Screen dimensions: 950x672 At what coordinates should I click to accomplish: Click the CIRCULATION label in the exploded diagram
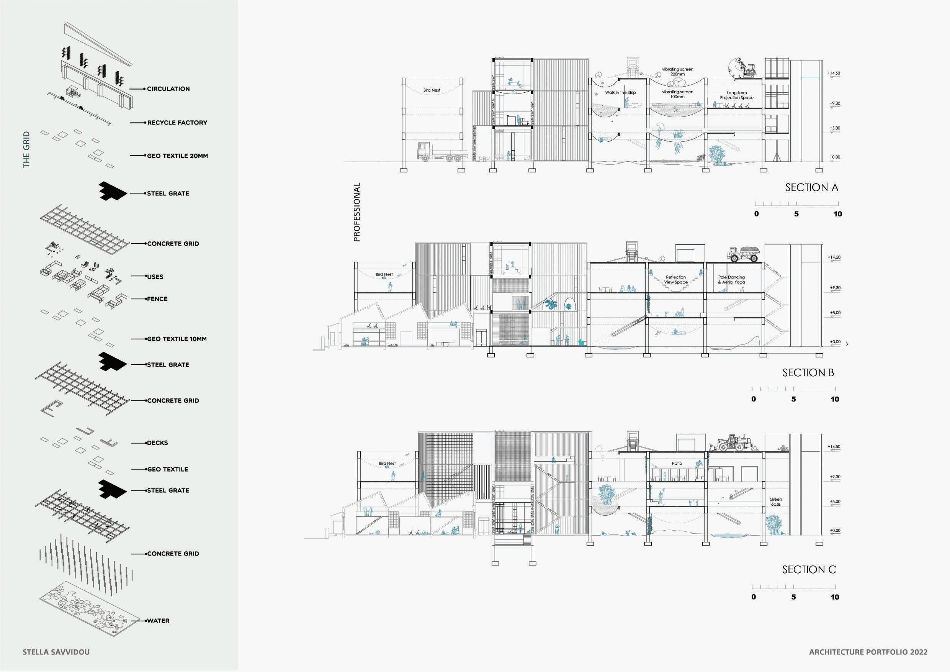(x=168, y=89)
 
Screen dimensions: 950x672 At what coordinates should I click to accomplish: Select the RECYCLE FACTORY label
(x=177, y=123)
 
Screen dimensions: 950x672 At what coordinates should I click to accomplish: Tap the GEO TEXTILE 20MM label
(x=178, y=156)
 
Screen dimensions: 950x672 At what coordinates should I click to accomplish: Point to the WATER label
(x=158, y=621)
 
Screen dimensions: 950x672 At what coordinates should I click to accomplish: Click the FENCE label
(x=157, y=298)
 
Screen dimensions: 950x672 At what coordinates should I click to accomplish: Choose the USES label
(x=155, y=277)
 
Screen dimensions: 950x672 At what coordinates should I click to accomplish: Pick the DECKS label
(x=158, y=443)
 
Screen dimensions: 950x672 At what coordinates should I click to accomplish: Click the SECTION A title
(x=811, y=188)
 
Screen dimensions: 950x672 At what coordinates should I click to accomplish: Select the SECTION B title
(x=808, y=373)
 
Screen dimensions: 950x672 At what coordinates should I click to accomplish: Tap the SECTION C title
(x=809, y=570)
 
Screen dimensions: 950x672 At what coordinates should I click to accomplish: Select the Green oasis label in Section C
(x=775, y=502)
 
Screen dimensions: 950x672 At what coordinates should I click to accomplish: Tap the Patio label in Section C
(x=677, y=463)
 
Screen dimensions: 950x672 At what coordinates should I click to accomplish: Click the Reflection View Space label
(x=676, y=279)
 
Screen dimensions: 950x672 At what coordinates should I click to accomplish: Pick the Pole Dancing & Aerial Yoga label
(x=731, y=279)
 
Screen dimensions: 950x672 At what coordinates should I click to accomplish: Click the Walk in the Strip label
(x=620, y=92)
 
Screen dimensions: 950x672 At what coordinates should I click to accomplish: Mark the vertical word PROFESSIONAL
(x=356, y=212)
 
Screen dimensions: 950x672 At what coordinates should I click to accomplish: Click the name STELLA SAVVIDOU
(x=56, y=652)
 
